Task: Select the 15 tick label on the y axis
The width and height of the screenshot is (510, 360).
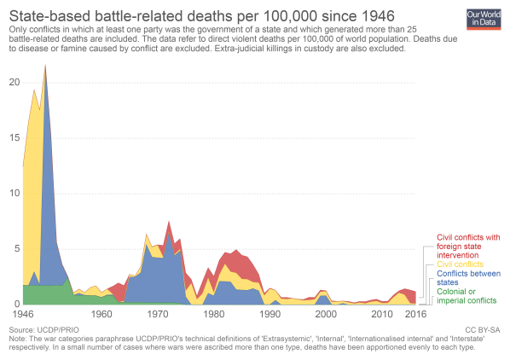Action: pyautogui.click(x=13, y=137)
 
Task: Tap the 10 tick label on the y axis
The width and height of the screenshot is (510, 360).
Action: pyautogui.click(x=13, y=193)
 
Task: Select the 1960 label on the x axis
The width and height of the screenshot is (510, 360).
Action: pyautogui.click(x=101, y=315)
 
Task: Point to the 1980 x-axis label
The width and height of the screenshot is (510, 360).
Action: pyautogui.click(x=213, y=315)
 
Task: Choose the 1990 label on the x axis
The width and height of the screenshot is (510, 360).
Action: pyautogui.click(x=269, y=315)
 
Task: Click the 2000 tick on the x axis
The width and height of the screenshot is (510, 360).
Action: pyautogui.click(x=325, y=315)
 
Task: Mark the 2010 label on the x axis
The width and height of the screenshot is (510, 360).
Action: pyautogui.click(x=381, y=315)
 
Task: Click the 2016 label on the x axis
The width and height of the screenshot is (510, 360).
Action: pyautogui.click(x=414, y=315)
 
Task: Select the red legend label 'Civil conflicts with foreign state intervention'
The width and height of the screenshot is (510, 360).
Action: pyautogui.click(x=468, y=246)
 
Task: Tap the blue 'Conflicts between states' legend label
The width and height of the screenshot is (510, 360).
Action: pyautogui.click(x=468, y=278)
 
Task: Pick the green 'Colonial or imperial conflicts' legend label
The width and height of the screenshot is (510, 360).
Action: pyautogui.click(x=468, y=296)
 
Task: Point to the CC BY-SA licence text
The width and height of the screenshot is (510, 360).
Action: pyautogui.click(x=484, y=328)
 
